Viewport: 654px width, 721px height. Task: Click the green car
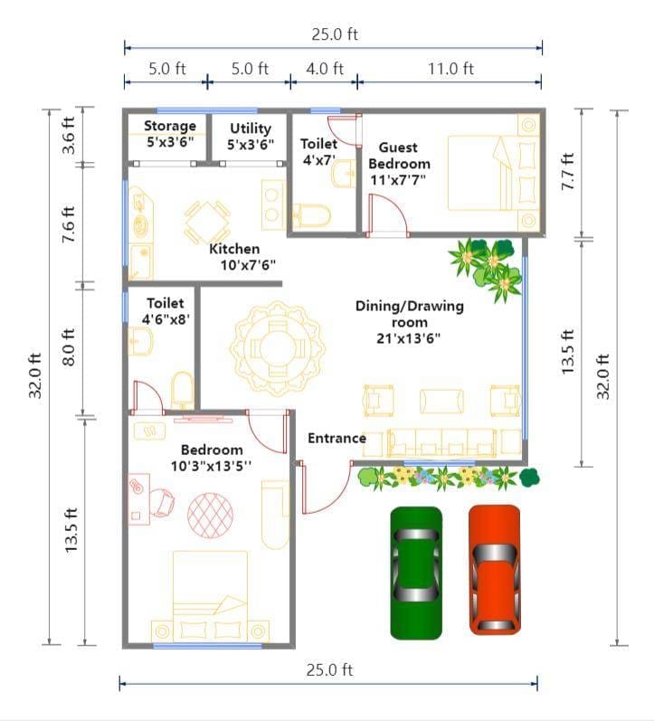(416, 573)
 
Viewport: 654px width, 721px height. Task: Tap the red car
(494, 569)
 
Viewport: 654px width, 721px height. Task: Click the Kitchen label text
(234, 249)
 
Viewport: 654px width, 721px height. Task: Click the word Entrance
(336, 439)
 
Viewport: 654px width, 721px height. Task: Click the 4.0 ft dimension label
(325, 68)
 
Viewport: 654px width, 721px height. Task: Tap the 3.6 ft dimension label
(71, 136)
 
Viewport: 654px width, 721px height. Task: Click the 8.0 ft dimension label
(71, 349)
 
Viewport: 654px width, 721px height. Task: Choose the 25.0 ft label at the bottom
(328, 669)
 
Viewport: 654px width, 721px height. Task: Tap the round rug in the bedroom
(210, 513)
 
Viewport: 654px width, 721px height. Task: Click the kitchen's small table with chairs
(207, 222)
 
